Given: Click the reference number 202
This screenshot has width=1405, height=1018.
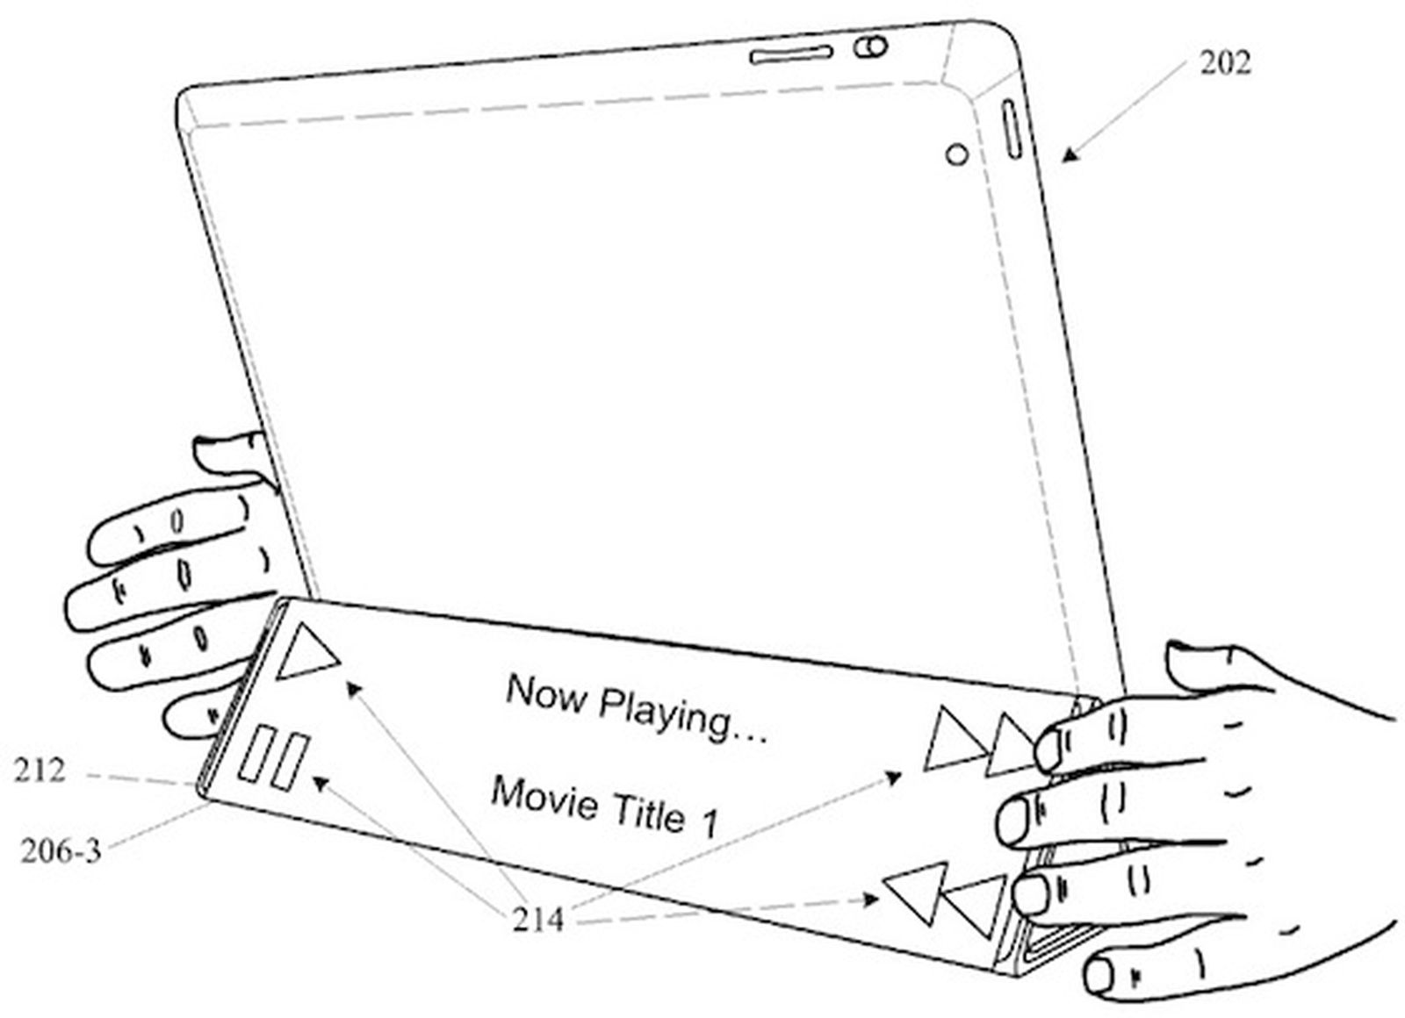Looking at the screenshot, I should (1225, 63).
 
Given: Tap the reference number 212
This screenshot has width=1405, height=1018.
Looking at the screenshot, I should (39, 771).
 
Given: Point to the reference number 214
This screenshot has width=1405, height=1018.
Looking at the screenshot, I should (537, 919).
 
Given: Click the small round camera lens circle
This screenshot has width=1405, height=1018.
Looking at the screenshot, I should (956, 155).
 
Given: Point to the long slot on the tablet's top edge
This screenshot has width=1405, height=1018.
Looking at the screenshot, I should (791, 55).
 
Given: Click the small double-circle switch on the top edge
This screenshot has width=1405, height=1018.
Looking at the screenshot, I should (869, 46).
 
